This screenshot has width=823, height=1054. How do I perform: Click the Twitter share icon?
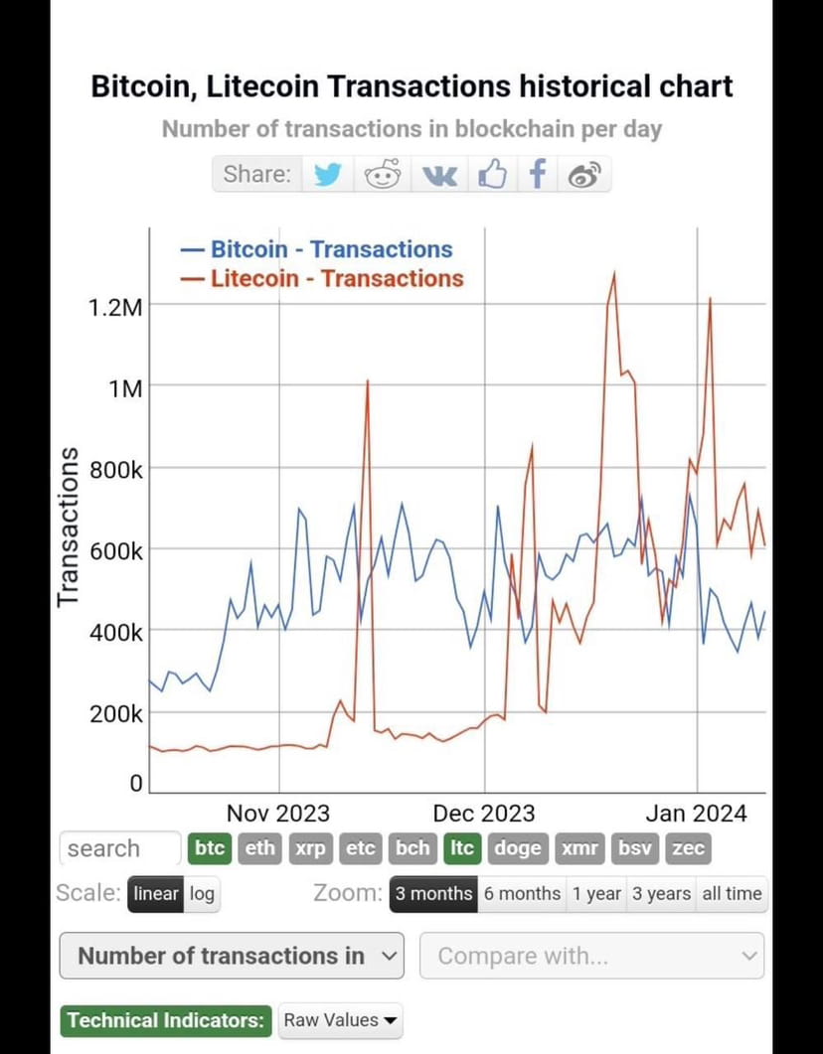[328, 175]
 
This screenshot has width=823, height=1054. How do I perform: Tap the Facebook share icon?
[538, 175]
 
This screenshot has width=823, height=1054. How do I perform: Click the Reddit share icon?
[383, 175]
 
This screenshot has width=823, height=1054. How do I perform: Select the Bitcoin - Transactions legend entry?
[317, 249]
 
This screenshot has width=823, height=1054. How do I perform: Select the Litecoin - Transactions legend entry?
[323, 278]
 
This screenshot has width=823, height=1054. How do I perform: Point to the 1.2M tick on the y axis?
[116, 307]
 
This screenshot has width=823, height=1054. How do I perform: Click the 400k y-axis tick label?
[117, 632]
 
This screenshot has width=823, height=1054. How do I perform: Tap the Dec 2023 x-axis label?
[484, 814]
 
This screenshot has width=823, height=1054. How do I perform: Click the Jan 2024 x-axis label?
[696, 814]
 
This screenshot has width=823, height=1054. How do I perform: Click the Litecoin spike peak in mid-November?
[368, 380]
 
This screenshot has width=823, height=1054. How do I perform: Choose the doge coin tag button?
[518, 848]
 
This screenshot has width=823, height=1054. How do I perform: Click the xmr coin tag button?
[579, 848]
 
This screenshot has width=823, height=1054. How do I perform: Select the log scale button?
[202, 893]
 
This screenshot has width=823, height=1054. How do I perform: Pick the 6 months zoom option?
[522, 893]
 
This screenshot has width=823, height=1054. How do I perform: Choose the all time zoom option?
[733, 893]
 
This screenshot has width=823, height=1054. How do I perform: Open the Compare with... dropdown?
[592, 956]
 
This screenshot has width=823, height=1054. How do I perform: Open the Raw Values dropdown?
[340, 1020]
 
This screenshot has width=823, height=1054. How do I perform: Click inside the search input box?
[119, 848]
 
